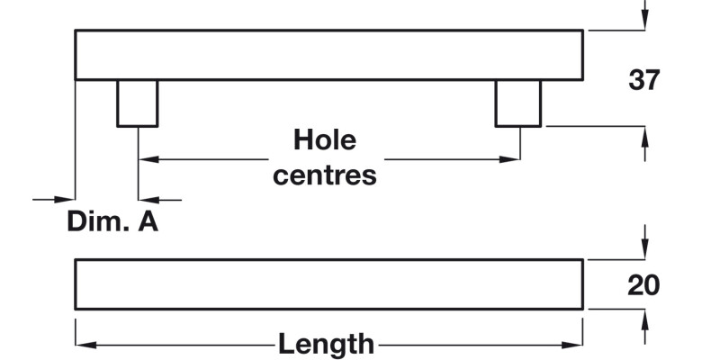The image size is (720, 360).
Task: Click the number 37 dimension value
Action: (x=643, y=80)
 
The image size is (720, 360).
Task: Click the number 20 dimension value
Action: (x=643, y=285)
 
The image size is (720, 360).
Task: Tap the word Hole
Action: (x=325, y=140)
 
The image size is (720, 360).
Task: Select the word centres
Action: (x=325, y=175)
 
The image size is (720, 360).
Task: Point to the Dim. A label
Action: (x=112, y=221)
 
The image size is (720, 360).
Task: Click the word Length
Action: (x=326, y=343)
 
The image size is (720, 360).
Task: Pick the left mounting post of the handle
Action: (x=137, y=103)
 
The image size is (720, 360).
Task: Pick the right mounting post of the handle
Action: (x=518, y=103)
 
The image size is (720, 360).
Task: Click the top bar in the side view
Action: (x=328, y=55)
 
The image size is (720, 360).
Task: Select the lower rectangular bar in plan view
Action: (x=328, y=284)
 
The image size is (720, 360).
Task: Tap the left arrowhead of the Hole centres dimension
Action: (x=147, y=159)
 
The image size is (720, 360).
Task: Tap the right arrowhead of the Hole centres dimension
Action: (x=510, y=159)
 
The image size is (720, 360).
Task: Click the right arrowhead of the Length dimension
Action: (x=575, y=344)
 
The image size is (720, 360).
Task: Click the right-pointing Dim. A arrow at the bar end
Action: (x=66, y=199)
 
